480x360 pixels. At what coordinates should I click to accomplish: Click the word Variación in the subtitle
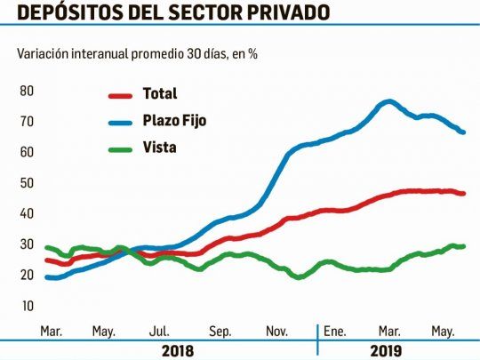[x=43, y=53]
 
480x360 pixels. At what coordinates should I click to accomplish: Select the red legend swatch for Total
[x=120, y=96]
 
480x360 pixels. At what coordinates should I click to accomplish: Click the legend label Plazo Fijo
[x=174, y=121]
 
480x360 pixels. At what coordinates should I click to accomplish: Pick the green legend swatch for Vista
[x=120, y=149]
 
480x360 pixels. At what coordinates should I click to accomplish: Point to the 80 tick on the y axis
[x=27, y=91]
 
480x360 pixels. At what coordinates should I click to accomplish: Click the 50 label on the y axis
[x=27, y=183]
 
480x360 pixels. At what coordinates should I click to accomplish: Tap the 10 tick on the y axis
[x=27, y=306]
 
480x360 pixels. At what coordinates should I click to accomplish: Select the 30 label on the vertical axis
[x=27, y=244]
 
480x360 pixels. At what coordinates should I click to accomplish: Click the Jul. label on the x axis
[x=159, y=332]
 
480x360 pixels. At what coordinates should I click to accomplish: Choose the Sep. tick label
[x=220, y=332]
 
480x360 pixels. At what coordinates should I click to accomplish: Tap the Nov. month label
[x=277, y=332]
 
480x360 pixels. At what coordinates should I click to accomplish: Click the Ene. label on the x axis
[x=334, y=332]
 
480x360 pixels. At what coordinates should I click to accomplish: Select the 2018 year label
[x=178, y=351]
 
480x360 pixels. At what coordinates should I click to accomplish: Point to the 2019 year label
[x=386, y=351]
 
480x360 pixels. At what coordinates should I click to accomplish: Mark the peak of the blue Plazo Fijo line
[x=389, y=101]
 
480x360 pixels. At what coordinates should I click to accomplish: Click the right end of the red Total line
[x=463, y=194]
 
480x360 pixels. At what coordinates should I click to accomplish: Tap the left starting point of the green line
[x=47, y=248]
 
